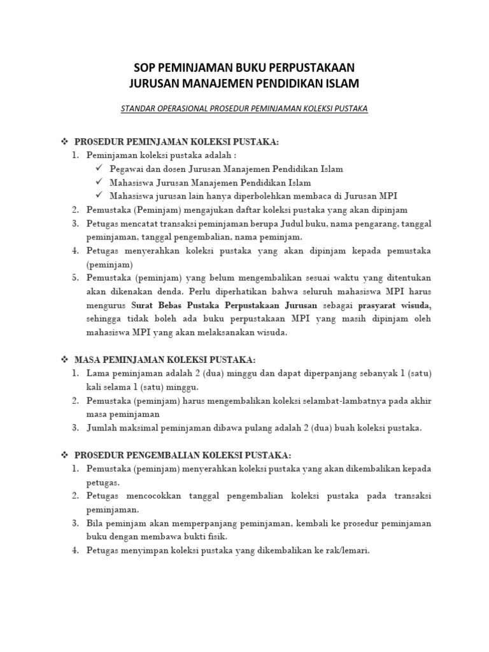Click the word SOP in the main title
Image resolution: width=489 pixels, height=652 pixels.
(145, 67)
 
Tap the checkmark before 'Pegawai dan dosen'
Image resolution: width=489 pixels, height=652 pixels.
(98, 169)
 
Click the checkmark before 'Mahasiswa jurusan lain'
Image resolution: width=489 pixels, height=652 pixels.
(98, 195)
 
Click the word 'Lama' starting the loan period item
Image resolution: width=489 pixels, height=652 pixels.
(99, 374)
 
